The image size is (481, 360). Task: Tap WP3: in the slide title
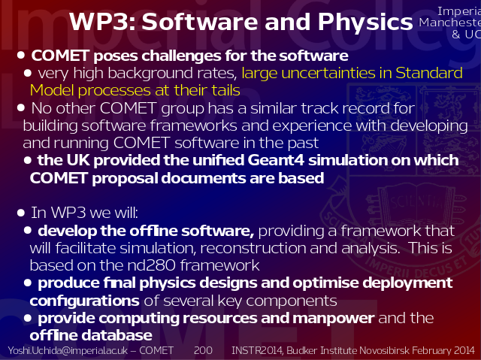tap(102, 22)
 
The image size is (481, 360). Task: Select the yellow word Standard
tap(429, 73)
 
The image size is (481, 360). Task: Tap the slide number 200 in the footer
tap(203, 350)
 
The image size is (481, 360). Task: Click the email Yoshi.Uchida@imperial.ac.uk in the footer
tap(68, 351)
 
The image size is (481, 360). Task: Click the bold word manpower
tap(333, 319)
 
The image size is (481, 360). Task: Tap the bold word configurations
tap(85, 301)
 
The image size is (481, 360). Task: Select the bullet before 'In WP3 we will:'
tap(21, 213)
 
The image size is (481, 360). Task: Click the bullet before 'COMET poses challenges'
tap(21, 55)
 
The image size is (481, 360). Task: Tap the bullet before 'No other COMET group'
tap(21, 107)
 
